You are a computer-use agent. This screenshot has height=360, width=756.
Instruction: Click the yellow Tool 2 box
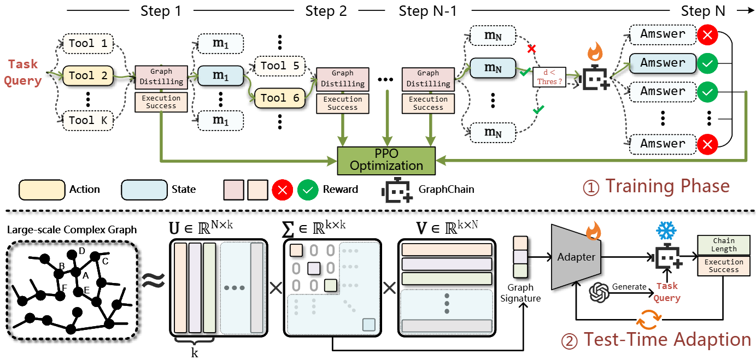click(87, 76)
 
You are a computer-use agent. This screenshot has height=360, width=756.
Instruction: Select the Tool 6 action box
click(280, 98)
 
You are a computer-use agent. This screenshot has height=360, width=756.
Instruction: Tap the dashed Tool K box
click(87, 120)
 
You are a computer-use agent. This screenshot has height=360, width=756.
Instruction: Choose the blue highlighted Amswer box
click(663, 63)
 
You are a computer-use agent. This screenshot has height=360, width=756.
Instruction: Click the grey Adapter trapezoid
click(576, 256)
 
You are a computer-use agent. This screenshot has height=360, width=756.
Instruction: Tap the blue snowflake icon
click(666, 231)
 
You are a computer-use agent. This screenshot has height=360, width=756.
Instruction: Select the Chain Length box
click(724, 245)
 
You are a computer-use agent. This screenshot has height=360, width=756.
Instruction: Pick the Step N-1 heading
click(428, 10)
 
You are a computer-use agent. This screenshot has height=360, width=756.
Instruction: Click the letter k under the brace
click(195, 352)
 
